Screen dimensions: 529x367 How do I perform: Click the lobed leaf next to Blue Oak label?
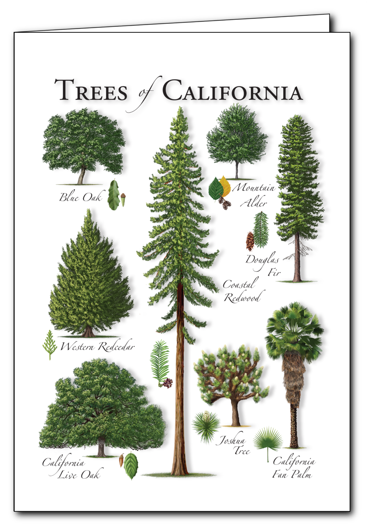coord(113,195)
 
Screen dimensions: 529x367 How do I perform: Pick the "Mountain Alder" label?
coord(254,195)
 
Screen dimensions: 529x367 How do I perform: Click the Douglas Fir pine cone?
coord(250,241)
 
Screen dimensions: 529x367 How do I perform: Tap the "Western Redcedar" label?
coord(97,347)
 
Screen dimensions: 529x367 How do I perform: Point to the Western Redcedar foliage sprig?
coord(49,345)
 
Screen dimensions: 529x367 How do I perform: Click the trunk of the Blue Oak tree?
coord(82,175)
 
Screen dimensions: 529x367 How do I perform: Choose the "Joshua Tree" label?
coord(233,445)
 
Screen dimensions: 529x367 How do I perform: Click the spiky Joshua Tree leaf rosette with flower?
coord(205,426)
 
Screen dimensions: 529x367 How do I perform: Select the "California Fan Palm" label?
coord(294,468)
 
